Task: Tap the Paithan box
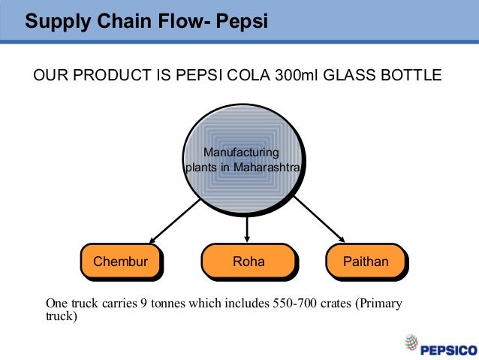pos(366,262)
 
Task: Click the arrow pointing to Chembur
pos(172,220)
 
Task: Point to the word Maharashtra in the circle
pos(268,167)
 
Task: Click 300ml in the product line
pos(287,76)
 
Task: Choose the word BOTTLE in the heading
pos(410,76)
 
